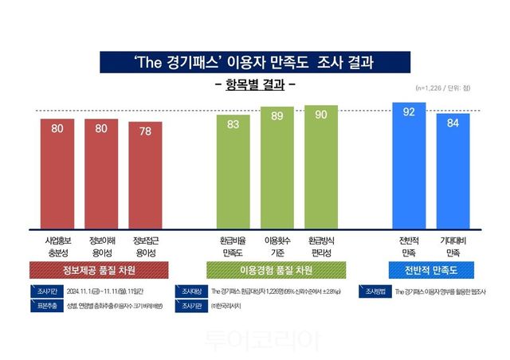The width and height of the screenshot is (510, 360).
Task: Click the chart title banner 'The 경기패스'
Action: (255, 61)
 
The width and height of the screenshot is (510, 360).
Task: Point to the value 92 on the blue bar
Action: (409, 112)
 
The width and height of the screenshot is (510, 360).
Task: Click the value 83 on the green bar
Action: (233, 124)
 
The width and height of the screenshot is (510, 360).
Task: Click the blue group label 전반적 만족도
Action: (430, 270)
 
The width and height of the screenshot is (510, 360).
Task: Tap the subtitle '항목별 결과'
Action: (256, 84)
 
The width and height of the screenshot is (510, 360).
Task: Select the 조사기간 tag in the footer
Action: (42, 292)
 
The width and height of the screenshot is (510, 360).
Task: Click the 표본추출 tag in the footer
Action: (42, 305)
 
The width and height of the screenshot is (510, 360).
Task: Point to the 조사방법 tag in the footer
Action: (374, 292)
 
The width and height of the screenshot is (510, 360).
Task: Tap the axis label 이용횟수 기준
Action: (277, 244)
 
